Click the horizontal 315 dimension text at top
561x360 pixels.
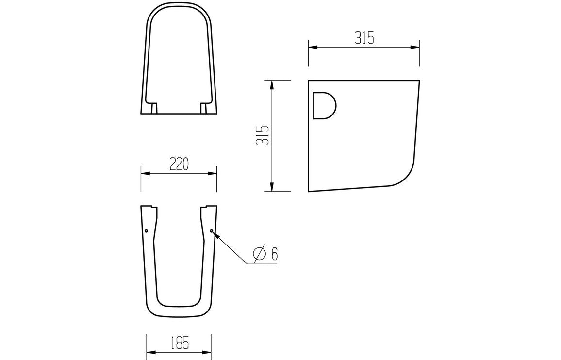click(363, 38)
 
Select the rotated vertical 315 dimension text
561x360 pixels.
click(263, 135)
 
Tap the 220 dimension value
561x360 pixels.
click(179, 164)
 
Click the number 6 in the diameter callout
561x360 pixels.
click(274, 253)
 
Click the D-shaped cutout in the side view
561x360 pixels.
click(323, 105)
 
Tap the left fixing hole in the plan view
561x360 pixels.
click(146, 231)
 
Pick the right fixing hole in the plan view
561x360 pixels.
click(212, 231)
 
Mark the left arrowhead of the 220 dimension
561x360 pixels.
click(144, 173)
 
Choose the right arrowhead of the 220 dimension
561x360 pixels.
click(213, 173)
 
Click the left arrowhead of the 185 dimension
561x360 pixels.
click(150, 351)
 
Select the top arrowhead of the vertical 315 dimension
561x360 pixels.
click(272, 83)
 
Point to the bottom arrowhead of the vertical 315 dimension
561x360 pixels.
click(272, 187)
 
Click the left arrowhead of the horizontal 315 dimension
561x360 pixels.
click(312, 47)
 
